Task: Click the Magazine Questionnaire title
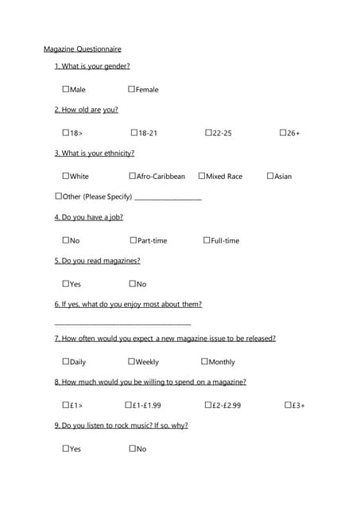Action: click(83, 49)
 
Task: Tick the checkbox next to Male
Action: click(66, 89)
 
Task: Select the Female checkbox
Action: click(131, 89)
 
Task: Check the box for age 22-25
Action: click(208, 132)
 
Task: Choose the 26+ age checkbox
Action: click(283, 132)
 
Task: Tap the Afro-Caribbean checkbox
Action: click(133, 176)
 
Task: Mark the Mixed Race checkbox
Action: click(202, 176)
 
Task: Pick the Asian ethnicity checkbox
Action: click(270, 176)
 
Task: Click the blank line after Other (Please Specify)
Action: click(168, 198)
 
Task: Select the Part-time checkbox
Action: click(133, 240)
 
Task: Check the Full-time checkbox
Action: click(207, 240)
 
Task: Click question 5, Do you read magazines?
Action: click(97, 261)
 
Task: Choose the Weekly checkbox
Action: click(131, 362)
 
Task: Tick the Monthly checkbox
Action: click(205, 362)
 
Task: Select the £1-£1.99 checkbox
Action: click(129, 405)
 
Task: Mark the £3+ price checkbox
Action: click(288, 405)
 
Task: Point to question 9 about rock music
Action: click(121, 425)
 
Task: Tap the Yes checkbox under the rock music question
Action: click(66, 449)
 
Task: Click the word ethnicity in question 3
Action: click(116, 153)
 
